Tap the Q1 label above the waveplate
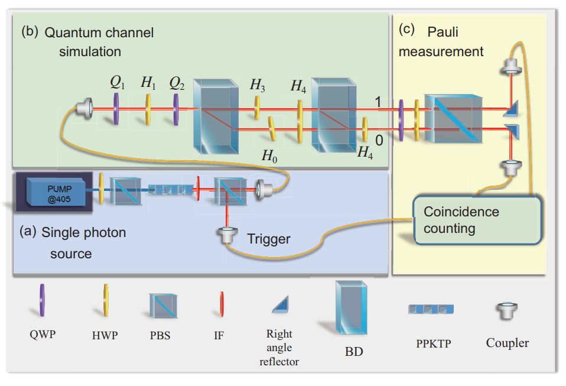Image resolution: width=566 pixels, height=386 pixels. tap(118, 83)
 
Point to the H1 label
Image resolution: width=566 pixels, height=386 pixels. tap(149, 83)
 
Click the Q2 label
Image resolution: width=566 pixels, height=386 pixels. tap(177, 83)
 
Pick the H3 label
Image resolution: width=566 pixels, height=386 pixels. tap(257, 85)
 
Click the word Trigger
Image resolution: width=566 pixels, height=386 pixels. tap(269, 239)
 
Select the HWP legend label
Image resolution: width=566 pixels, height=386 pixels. tap(105, 335)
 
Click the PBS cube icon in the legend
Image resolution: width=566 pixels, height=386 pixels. tap(160, 306)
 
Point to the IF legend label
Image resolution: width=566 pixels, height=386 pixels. tap(219, 335)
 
